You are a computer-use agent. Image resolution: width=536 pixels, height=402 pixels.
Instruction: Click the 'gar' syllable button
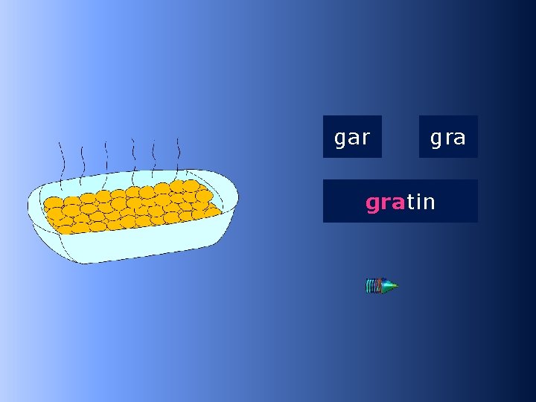tap(352, 137)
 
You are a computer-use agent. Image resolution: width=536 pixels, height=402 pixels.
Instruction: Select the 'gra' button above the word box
tap(448, 137)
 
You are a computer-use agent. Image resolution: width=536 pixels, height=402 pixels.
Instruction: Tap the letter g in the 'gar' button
tap(340, 138)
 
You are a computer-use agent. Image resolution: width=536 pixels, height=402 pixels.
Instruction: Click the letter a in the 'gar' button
tap(354, 138)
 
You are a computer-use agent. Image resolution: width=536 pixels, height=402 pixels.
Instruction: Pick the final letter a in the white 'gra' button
tap(459, 138)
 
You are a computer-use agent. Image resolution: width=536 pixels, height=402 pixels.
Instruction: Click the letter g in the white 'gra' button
tap(436, 138)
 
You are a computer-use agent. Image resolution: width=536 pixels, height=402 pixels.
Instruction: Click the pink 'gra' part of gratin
tap(385, 202)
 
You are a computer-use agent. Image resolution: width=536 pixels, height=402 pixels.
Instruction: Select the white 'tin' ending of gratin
tap(421, 202)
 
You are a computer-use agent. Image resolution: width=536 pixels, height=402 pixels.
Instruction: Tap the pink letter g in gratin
tap(372, 203)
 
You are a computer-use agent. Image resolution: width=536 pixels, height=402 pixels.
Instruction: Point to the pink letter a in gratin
tap(398, 202)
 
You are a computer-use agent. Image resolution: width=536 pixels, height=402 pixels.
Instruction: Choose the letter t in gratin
tap(410, 202)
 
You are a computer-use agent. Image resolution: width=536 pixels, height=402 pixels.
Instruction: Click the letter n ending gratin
tap(429, 202)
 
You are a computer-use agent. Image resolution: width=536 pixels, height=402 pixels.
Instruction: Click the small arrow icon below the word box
tap(381, 285)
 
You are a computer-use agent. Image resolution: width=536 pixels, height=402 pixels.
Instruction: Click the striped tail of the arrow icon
tap(371, 285)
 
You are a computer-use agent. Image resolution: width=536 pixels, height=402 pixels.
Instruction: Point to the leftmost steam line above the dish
tap(63, 160)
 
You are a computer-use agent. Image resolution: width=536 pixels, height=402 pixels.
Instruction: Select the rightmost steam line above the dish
tap(178, 153)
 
